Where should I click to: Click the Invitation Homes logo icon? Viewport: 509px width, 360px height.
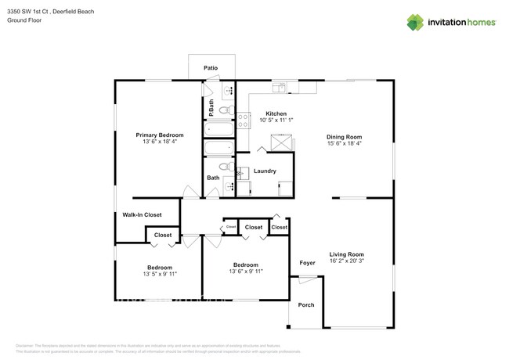(415, 23)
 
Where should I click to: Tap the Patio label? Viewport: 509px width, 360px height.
(211, 68)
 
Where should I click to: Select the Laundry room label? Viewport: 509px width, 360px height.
(265, 171)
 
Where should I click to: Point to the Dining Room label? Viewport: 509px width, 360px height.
(345, 137)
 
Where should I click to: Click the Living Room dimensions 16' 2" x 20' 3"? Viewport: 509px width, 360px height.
(346, 261)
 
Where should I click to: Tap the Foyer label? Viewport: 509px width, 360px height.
(308, 263)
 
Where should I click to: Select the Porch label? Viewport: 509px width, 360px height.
(307, 304)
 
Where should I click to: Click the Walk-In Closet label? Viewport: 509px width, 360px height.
(142, 214)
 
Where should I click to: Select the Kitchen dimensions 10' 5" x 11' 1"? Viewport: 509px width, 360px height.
(276, 120)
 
